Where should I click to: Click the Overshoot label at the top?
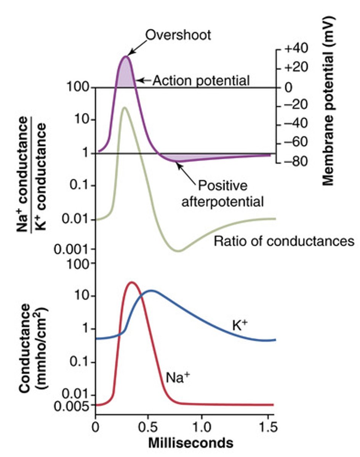pyautogui.click(x=178, y=35)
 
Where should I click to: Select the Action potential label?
pyautogui.click(x=201, y=81)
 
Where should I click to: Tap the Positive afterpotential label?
pyautogui.click(x=222, y=193)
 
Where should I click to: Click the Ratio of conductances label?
pyautogui.click(x=284, y=241)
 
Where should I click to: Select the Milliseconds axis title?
pyautogui.click(x=190, y=443)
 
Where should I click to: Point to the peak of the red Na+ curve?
pyautogui.click(x=132, y=282)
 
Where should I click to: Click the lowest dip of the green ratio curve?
pyautogui.click(x=178, y=251)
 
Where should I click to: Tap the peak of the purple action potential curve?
pyautogui.click(x=125, y=56)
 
